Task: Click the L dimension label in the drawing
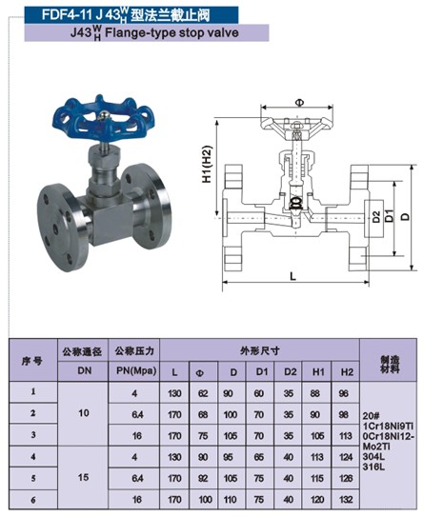(x=292, y=276)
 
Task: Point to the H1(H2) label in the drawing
(x=207, y=164)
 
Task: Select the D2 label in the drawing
(x=376, y=217)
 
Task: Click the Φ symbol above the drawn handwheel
(x=299, y=103)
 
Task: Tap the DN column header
(x=85, y=370)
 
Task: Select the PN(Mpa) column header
(x=136, y=370)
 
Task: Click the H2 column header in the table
(x=347, y=372)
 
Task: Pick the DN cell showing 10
(x=84, y=413)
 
